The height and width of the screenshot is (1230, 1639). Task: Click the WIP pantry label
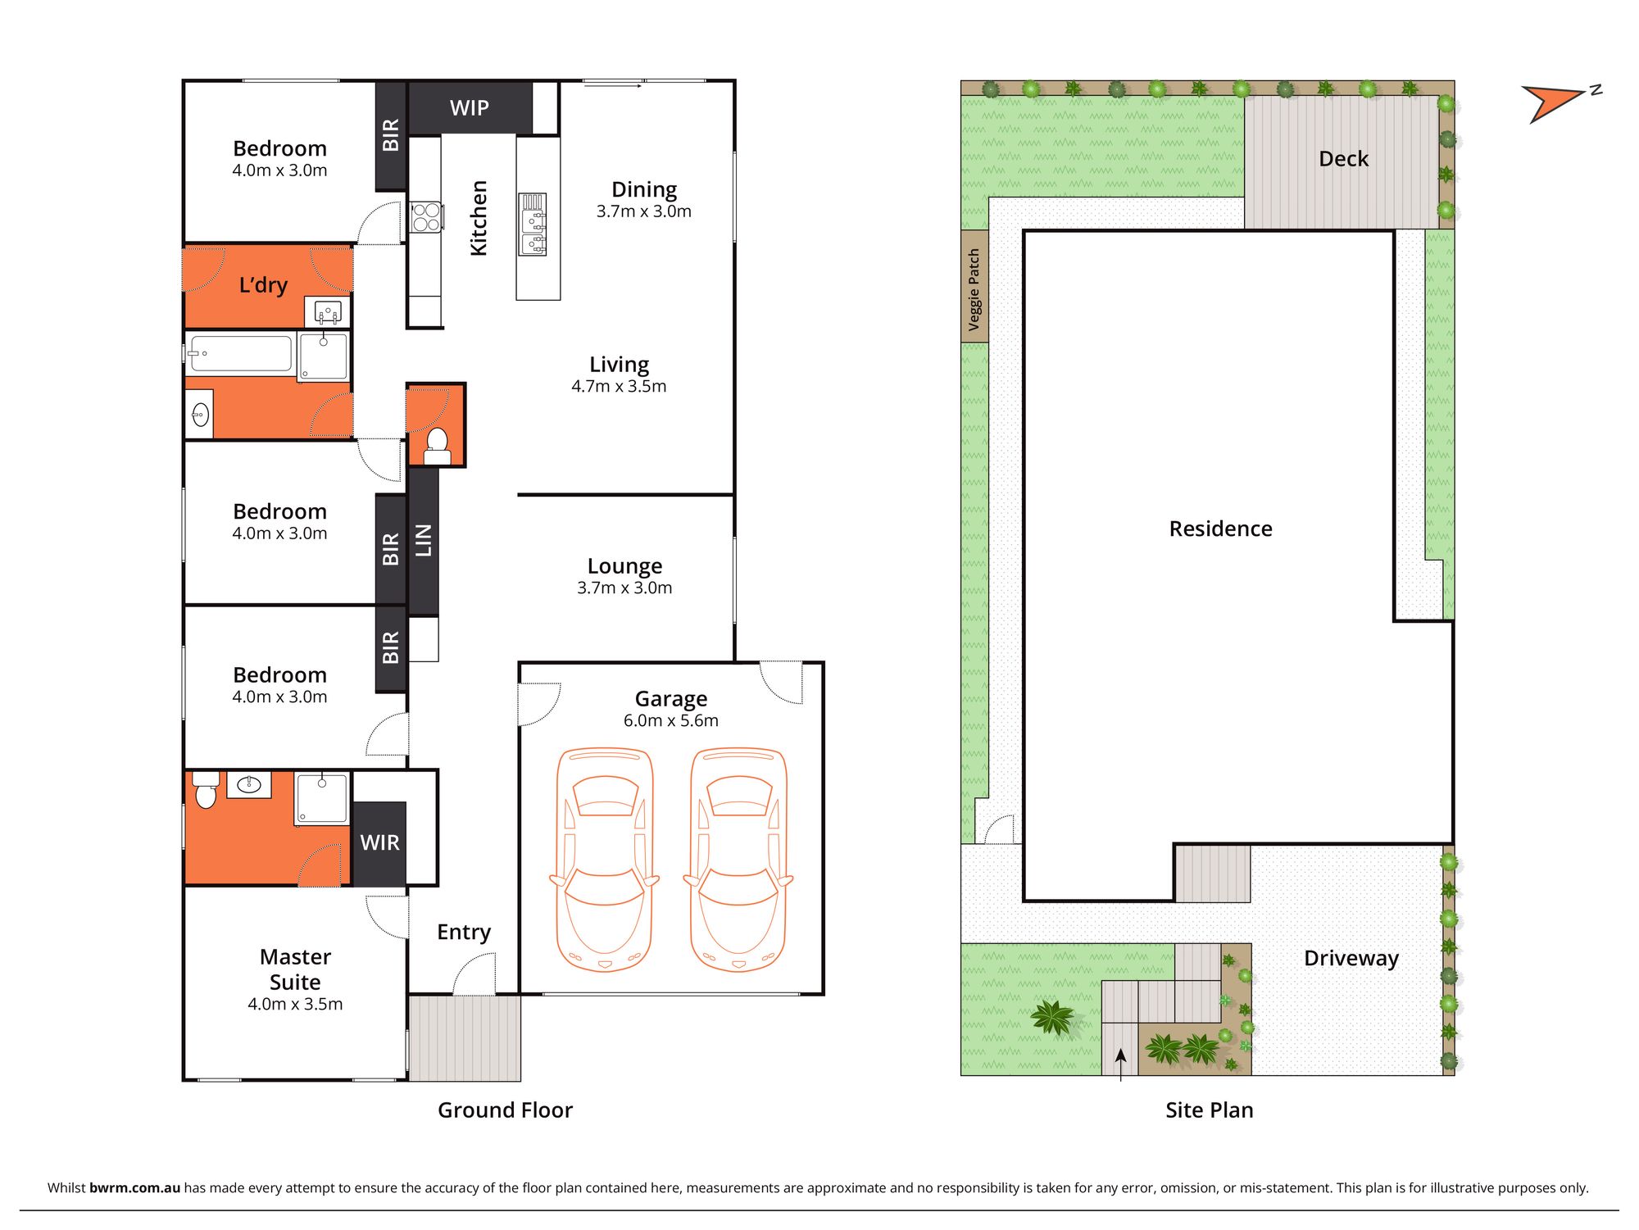click(x=469, y=108)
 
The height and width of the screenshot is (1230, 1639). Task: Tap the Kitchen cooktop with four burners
click(x=426, y=217)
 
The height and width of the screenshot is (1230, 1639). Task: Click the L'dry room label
click(x=263, y=285)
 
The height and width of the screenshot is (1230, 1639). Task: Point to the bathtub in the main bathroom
click(x=239, y=354)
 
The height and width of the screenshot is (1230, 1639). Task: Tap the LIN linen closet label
click(x=423, y=541)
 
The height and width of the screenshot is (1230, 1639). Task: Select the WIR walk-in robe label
click(x=379, y=842)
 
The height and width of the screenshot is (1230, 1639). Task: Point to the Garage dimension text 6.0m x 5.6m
click(x=670, y=721)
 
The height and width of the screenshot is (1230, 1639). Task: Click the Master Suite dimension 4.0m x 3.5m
click(x=295, y=1005)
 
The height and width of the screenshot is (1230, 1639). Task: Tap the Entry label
click(x=463, y=933)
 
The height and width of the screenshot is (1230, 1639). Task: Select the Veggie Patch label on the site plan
click(x=974, y=288)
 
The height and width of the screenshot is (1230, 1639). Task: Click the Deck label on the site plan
click(x=1343, y=159)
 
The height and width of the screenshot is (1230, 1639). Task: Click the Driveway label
click(x=1351, y=959)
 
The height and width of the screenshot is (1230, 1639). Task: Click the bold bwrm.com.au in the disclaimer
click(x=134, y=1188)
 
